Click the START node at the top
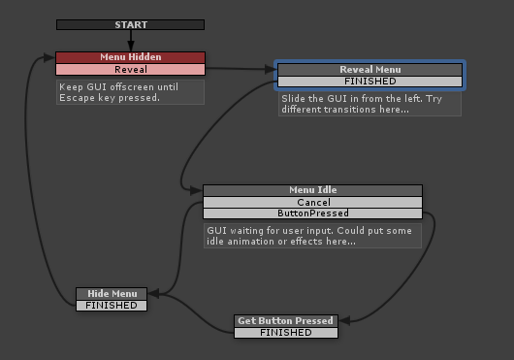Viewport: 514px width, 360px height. coord(131,24)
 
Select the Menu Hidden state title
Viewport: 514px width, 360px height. coord(131,57)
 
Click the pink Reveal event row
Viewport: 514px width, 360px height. coord(131,70)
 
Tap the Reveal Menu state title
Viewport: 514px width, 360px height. coord(370,70)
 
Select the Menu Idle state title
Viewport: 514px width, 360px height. coord(313,190)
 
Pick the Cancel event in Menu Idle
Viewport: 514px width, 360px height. coord(313,203)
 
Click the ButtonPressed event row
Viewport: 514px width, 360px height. coord(313,213)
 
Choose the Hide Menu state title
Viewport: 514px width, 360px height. coord(112,294)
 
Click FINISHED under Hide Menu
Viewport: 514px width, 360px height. coord(112,306)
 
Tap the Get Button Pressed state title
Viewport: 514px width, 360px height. coord(286,321)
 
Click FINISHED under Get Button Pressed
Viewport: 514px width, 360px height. coord(286,333)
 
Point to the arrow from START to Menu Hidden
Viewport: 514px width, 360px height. coord(131,40)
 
